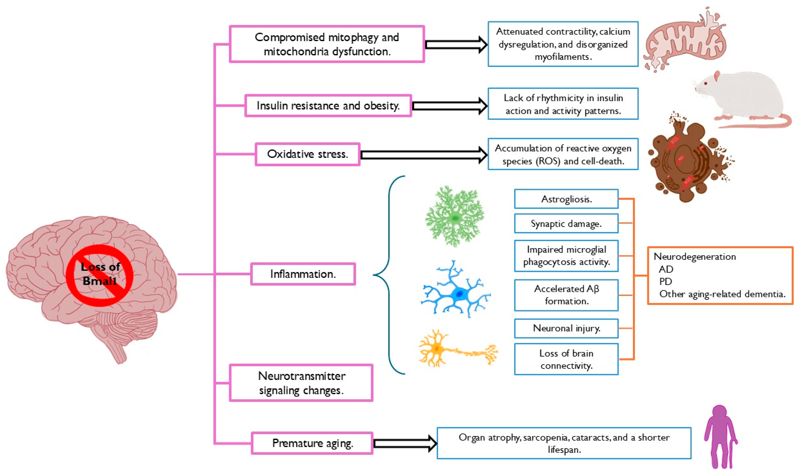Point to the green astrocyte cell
pyautogui.click(x=455, y=217)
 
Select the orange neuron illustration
pyautogui.click(x=458, y=348)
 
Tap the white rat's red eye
pyautogui.click(x=706, y=83)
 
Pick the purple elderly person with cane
pyautogui.click(x=720, y=437)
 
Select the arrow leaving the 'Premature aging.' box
pyautogui.click(x=405, y=443)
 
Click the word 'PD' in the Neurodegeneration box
pyautogui.click(x=666, y=281)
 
